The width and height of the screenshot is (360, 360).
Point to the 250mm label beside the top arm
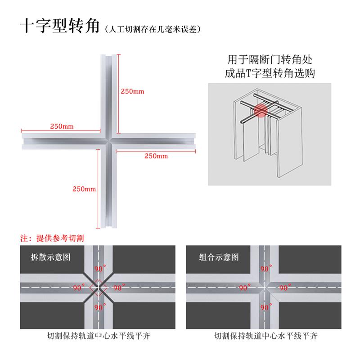[x=132, y=91]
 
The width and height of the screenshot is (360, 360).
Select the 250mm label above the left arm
[x=62, y=126]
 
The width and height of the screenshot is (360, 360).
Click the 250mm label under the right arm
[x=156, y=156]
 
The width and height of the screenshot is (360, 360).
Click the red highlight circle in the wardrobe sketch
[x=260, y=111]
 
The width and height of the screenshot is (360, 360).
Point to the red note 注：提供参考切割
[x=52, y=238]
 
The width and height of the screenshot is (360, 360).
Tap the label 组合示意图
[x=212, y=257]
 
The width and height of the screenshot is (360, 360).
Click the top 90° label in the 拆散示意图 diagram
[x=100, y=269]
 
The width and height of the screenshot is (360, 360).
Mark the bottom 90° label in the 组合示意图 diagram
[x=265, y=307]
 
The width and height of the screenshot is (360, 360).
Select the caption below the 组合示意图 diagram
[x=265, y=335]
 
